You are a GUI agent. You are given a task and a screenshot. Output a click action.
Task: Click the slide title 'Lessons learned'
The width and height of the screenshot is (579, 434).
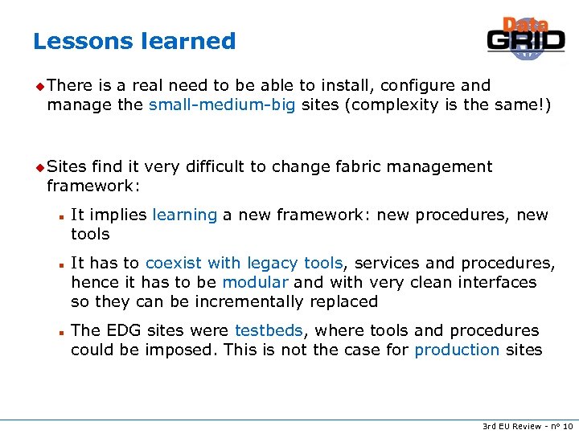tap(134, 41)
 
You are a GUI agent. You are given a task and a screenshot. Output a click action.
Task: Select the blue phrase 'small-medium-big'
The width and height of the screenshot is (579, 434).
tap(222, 104)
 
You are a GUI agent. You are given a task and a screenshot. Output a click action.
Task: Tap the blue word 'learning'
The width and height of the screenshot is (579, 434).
tap(184, 215)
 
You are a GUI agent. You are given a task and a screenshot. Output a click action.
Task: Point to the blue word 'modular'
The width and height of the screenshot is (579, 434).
tap(255, 282)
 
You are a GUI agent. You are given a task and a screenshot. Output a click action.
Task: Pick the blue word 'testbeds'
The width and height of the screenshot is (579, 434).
tap(269, 330)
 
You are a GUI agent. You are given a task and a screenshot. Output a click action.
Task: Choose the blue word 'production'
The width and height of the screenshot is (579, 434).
tap(457, 350)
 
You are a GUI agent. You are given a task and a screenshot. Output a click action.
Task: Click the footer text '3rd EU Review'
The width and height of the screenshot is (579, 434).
tap(510, 426)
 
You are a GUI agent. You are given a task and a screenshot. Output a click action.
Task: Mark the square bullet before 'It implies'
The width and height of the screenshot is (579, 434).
tap(61, 215)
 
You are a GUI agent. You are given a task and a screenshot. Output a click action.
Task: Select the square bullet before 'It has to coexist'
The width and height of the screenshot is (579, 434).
tap(61, 264)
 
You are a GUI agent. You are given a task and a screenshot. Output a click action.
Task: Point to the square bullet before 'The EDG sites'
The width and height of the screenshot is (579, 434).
tap(61, 331)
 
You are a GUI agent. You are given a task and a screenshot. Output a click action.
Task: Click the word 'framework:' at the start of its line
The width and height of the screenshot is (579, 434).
tap(93, 186)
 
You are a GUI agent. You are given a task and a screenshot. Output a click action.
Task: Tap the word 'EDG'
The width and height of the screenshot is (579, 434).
tap(117, 330)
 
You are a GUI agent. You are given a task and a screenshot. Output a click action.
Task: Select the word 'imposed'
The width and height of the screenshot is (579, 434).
tap(182, 350)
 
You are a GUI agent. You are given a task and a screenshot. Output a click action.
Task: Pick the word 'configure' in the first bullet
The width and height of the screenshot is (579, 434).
tap(418, 85)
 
